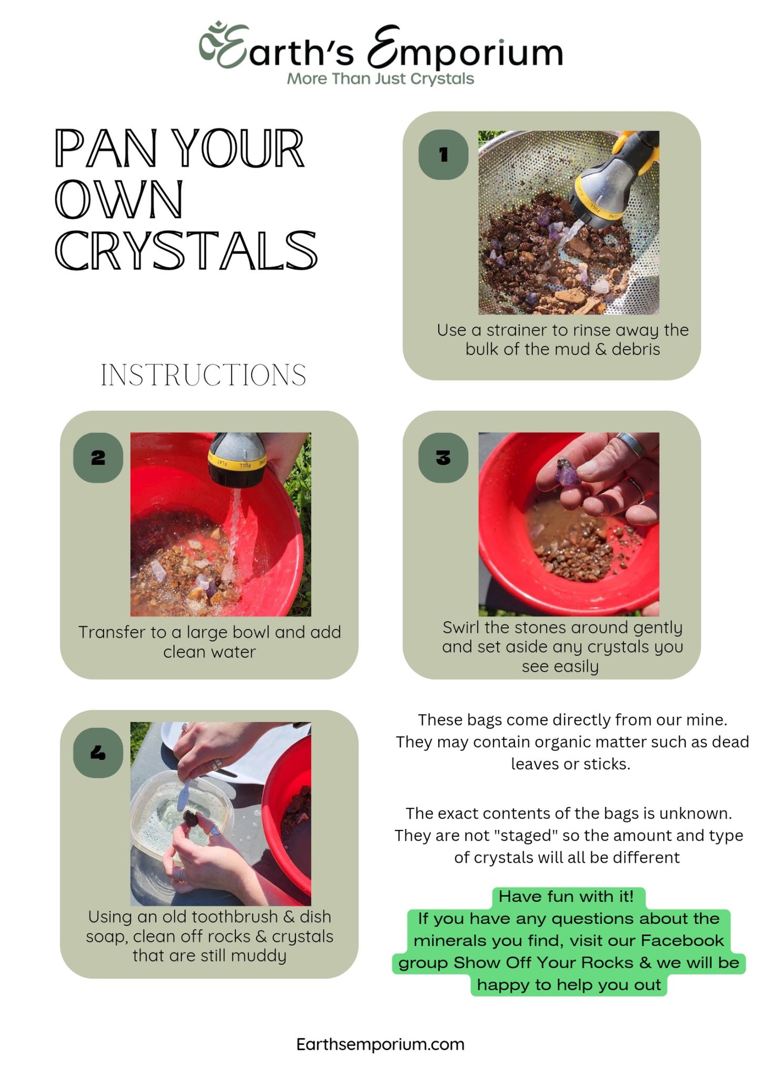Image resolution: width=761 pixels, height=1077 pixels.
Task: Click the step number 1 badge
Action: pyautogui.click(x=443, y=154)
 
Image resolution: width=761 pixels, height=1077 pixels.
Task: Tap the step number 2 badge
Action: pyautogui.click(x=98, y=457)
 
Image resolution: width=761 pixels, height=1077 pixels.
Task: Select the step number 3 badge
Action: pyautogui.click(x=443, y=457)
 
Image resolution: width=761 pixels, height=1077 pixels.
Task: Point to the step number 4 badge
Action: pyautogui.click(x=98, y=752)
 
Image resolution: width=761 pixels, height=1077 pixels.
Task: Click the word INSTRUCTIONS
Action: pyautogui.click(x=203, y=375)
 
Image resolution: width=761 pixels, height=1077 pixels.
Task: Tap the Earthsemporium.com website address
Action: pyautogui.click(x=380, y=1044)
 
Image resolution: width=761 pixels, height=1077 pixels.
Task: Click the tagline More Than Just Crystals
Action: pyautogui.click(x=380, y=79)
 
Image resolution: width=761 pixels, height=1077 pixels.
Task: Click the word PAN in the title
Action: pyautogui.click(x=105, y=149)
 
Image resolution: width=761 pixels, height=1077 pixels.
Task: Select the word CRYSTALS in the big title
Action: pyautogui.click(x=186, y=250)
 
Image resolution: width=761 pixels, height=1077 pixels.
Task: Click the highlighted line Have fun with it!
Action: pyautogui.click(x=567, y=896)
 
